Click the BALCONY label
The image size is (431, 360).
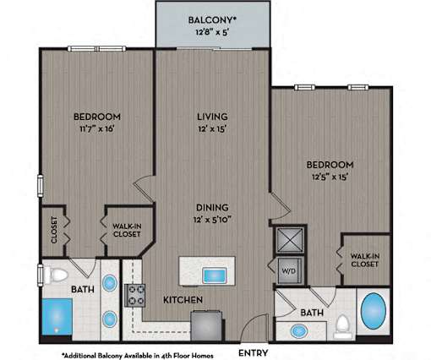click(212, 20)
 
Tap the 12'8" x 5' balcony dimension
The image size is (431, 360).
click(211, 32)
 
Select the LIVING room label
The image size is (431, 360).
click(212, 117)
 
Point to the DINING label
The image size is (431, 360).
click(212, 207)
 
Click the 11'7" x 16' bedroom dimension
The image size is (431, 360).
click(97, 129)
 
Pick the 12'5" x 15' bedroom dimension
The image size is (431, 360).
click(330, 177)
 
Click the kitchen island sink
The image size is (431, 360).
click(215, 275)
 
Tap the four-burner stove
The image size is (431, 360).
click(135, 295)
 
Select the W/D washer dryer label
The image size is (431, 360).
click(289, 271)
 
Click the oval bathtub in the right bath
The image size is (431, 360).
click(374, 310)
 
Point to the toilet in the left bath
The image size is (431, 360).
click(56, 275)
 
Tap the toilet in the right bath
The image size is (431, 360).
click(343, 326)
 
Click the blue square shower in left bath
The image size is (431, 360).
click(57, 317)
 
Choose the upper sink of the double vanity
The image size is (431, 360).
click(110, 283)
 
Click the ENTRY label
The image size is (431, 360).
click(253, 352)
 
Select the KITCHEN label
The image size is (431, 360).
click(183, 300)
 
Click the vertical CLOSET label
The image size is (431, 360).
click(54, 230)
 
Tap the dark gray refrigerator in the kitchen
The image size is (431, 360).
click(207, 326)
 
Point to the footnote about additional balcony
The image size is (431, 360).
click(138, 356)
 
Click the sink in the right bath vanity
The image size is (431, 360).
click(299, 331)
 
